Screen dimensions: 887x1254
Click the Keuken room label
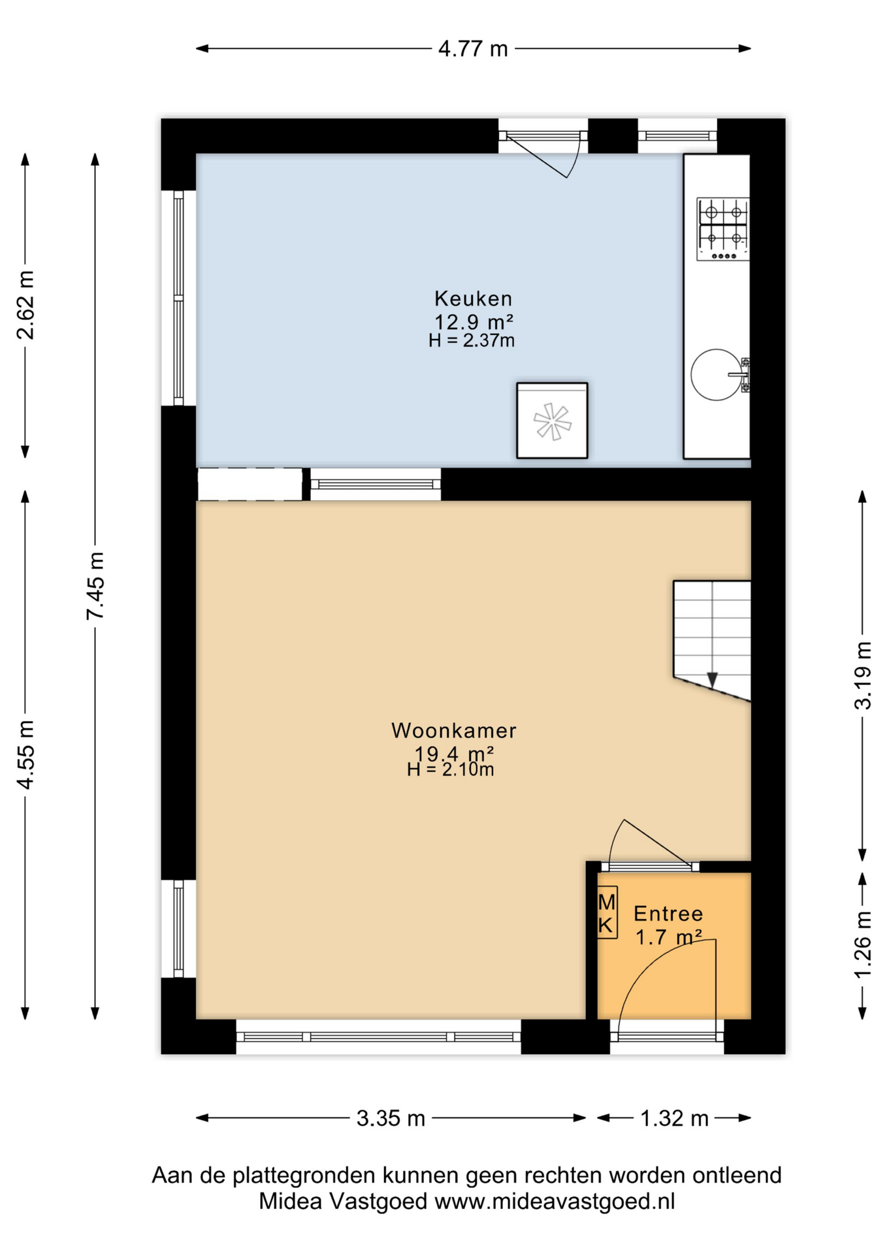tap(473, 298)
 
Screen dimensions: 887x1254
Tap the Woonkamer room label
tap(454, 730)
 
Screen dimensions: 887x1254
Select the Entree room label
tap(668, 913)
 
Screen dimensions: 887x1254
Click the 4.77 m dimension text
tap(473, 48)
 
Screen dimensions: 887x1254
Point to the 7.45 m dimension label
tap(95, 585)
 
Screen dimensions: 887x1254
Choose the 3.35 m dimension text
tap(391, 1118)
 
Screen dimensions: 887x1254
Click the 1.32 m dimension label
tap(674, 1118)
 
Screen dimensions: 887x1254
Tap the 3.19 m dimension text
tap(863, 675)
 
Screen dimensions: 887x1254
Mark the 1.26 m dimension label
tap(863, 945)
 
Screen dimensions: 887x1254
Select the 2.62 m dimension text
tap(25, 305)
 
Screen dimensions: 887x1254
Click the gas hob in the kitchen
tap(722, 229)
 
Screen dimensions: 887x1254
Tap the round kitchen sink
tap(717, 374)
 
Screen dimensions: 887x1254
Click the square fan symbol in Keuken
tap(552, 421)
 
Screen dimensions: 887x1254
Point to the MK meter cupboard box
tap(607, 912)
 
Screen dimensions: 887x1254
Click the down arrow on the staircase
tap(712, 680)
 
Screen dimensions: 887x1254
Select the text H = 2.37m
tap(472, 340)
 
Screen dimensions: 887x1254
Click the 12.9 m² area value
tap(474, 321)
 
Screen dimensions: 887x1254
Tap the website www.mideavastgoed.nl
tap(555, 1201)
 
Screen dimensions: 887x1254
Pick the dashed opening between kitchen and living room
tap(250, 485)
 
